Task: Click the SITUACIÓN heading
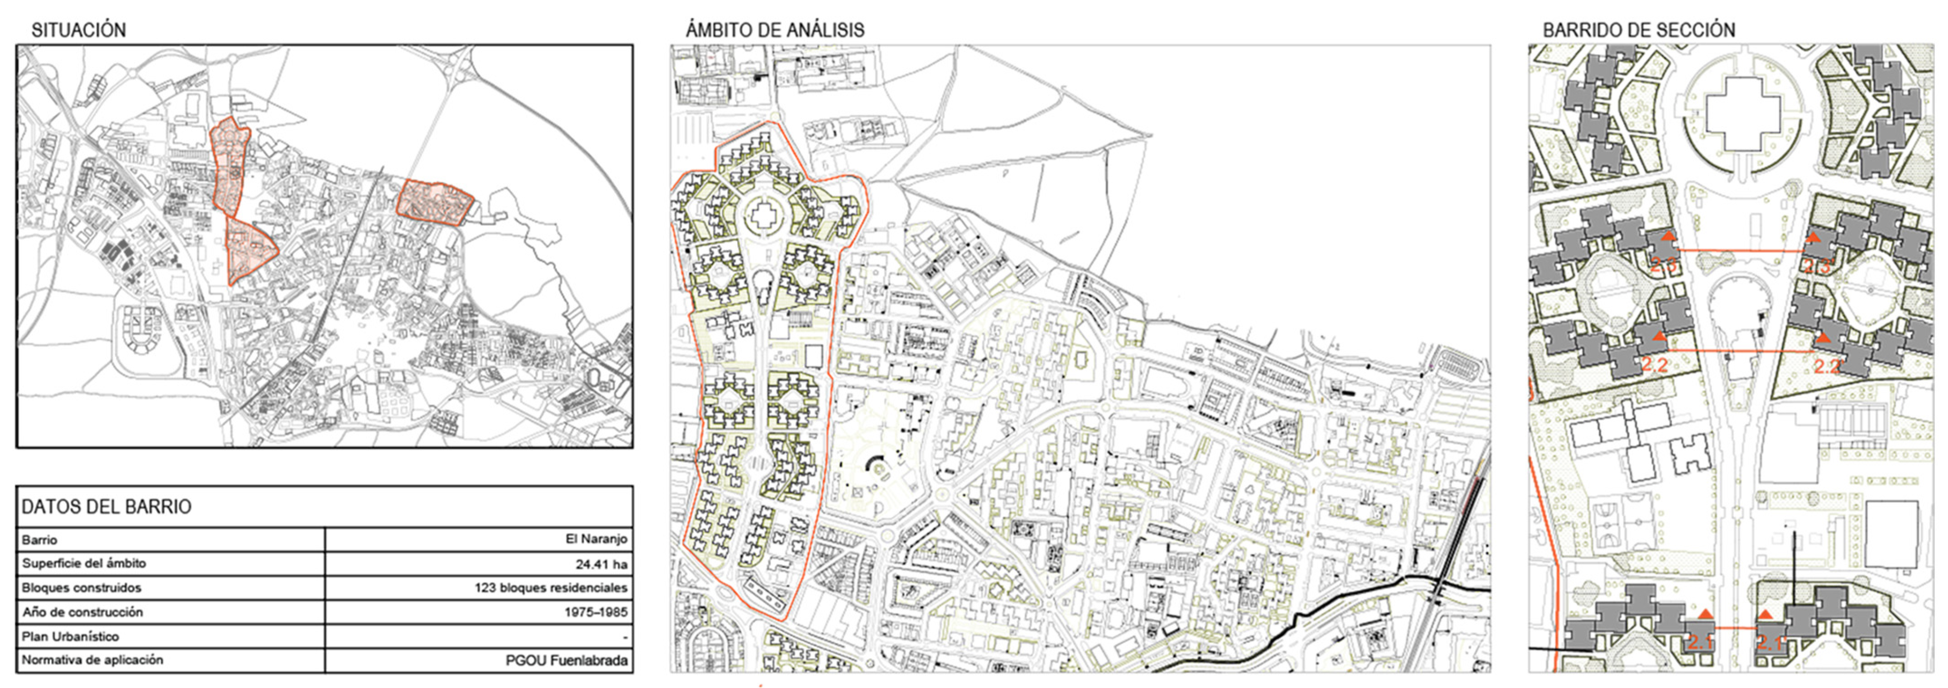(79, 30)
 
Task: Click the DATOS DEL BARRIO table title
(106, 506)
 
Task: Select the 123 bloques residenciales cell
(551, 588)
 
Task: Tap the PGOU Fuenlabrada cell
(566, 660)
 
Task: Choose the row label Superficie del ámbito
(84, 563)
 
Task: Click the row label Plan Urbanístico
(70, 636)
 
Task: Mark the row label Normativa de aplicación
(92, 660)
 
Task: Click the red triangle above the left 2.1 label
(1706, 614)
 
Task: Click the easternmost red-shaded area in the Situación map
(435, 201)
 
